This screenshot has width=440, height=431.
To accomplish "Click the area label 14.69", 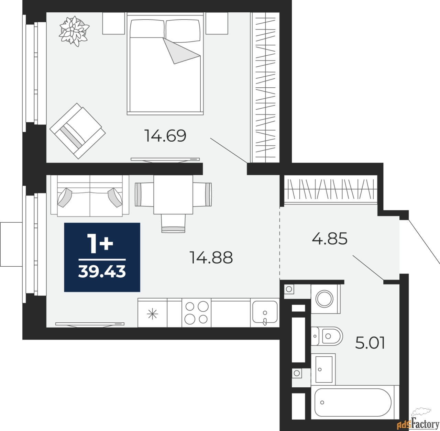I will (165, 136).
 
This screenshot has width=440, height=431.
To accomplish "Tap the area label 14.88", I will (211, 257).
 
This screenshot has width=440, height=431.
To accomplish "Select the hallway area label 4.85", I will (330, 239).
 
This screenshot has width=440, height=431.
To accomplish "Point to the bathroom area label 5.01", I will (370, 343).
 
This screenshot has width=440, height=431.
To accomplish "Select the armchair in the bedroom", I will (78, 131).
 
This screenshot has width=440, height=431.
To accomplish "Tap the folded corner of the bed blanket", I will (180, 52).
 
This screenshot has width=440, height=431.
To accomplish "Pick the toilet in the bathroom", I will (328, 336).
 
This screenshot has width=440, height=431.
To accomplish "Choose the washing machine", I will (326, 298).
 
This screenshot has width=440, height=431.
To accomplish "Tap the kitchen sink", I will (265, 313).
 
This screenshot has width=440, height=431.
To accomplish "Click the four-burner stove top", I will (196, 313).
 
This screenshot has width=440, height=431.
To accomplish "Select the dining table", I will (173, 195).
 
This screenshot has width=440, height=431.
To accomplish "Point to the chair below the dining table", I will (173, 223).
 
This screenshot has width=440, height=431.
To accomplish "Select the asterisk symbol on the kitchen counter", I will (152, 314).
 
